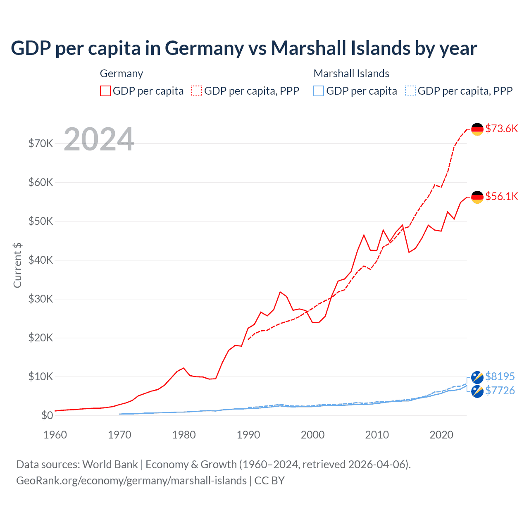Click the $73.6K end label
[501, 129]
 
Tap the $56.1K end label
[501, 196]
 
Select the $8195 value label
[500, 376]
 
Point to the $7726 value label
[500, 391]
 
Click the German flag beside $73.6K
[477, 129]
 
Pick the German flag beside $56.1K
[477, 197]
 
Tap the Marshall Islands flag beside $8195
[477, 377]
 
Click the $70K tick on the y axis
[41, 143]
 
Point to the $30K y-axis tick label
[41, 299]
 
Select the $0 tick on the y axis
[47, 415]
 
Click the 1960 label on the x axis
[55, 435]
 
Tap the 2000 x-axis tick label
[312, 435]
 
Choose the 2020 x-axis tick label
[441, 435]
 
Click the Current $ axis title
[17, 265]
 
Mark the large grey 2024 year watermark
[99, 139]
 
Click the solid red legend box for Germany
[105, 91]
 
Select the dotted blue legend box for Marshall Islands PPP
[410, 91]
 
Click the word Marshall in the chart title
[309, 48]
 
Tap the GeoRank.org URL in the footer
[131, 481]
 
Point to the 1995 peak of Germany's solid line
[280, 292]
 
